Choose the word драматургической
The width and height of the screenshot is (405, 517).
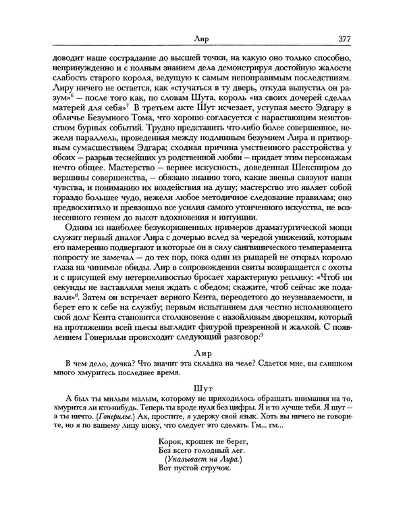[284, 234]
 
